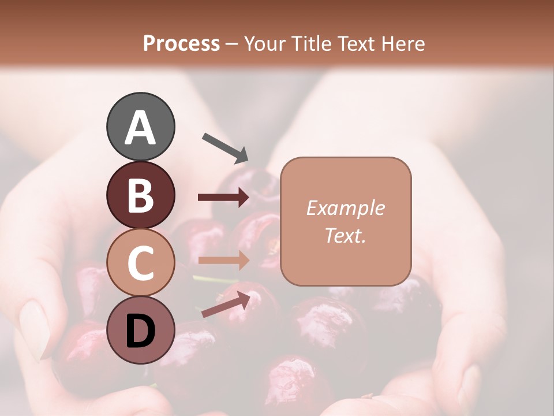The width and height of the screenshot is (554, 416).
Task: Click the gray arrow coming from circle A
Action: click(226, 147)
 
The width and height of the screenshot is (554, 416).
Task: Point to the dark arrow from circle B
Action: click(224, 198)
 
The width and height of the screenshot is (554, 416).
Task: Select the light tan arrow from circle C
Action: click(224, 260)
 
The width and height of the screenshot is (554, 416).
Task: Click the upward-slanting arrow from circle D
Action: click(227, 304)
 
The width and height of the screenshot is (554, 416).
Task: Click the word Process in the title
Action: click(181, 43)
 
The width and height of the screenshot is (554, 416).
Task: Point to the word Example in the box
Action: click(345, 208)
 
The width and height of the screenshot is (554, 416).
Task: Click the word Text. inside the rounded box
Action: click(345, 235)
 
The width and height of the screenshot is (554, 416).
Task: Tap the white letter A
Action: click(140, 128)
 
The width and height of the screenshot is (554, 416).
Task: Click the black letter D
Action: click(140, 331)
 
